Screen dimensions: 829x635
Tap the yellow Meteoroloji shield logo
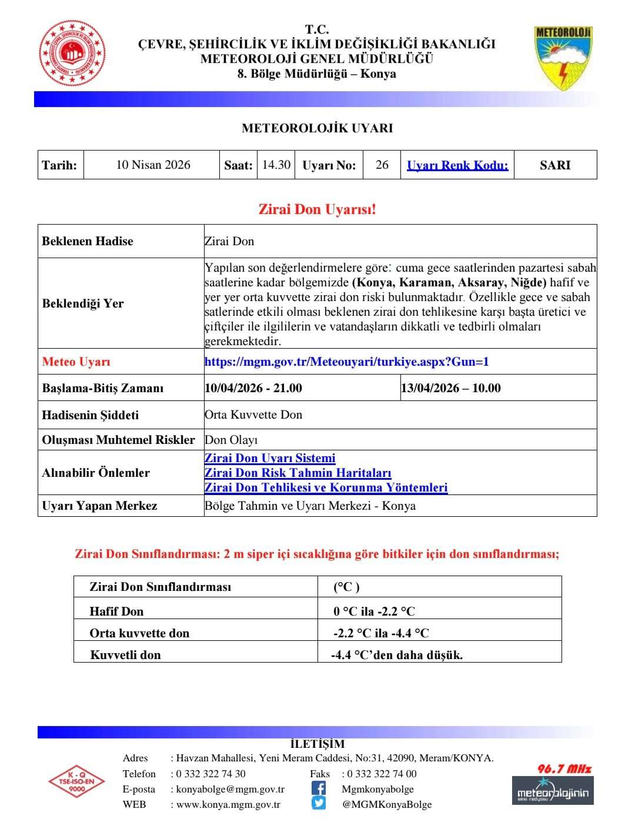click(x=563, y=57)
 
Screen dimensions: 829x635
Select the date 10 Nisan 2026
click(x=153, y=165)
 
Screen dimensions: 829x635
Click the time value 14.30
click(x=276, y=165)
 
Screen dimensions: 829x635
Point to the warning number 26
click(x=382, y=165)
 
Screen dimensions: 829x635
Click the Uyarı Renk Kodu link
click(x=457, y=165)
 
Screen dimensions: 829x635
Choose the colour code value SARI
click(x=555, y=165)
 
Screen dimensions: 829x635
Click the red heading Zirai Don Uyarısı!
click(x=317, y=209)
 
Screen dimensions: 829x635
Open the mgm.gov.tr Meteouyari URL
click(x=346, y=362)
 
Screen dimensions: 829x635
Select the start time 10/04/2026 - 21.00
click(x=253, y=388)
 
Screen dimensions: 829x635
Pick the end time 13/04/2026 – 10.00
click(x=451, y=388)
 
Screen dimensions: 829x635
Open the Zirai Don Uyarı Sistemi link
click(x=270, y=458)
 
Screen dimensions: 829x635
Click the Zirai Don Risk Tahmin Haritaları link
click(x=298, y=473)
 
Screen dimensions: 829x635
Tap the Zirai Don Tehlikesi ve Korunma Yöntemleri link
click(x=326, y=487)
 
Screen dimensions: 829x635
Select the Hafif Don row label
click(x=116, y=611)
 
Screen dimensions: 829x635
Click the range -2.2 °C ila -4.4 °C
click(x=381, y=633)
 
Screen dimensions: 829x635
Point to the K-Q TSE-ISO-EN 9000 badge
click(x=76, y=781)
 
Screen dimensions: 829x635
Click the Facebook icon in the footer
click(x=318, y=788)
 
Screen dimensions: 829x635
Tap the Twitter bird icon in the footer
click(x=318, y=803)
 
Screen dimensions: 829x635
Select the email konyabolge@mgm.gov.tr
click(x=230, y=789)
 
